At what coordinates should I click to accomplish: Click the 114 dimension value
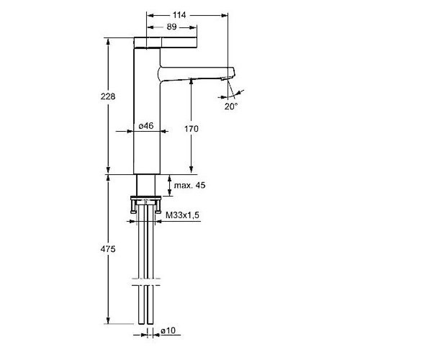(179, 15)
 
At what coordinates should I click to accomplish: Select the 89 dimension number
(171, 27)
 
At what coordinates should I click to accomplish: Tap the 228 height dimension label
(108, 96)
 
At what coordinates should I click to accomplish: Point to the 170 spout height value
(191, 129)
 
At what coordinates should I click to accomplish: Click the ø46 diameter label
(146, 126)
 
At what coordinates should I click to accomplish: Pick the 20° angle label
(231, 106)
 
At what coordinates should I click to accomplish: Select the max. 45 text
(190, 185)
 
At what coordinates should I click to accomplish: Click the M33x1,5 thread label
(182, 215)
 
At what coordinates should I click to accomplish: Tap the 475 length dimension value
(108, 249)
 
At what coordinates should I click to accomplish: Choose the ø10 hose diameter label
(168, 330)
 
